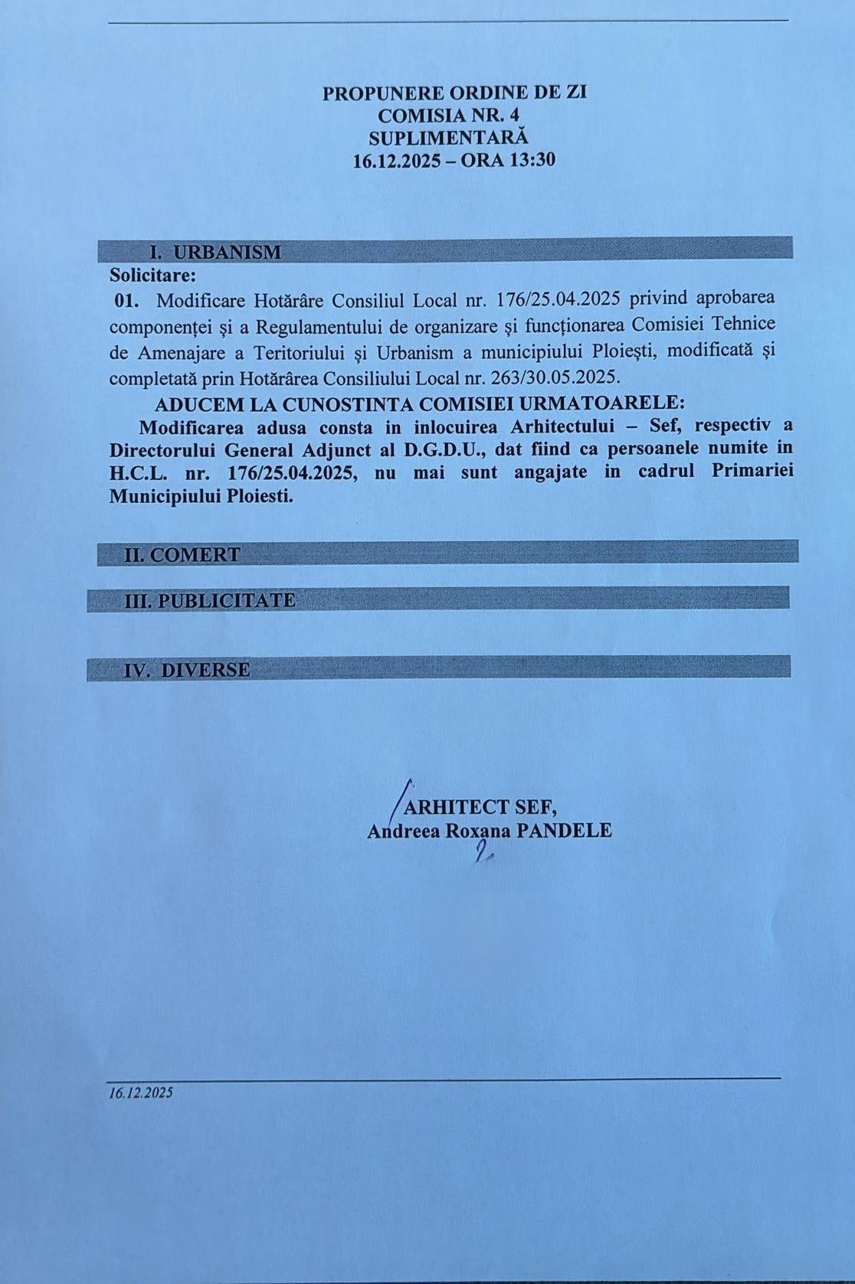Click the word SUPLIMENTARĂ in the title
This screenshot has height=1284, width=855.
click(448, 138)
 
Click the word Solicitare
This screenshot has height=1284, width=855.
click(152, 273)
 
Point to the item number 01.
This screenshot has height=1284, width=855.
click(126, 299)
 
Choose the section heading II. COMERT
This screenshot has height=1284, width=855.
click(182, 554)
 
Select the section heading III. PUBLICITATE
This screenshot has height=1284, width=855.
click(210, 600)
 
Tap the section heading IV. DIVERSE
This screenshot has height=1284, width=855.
click(187, 670)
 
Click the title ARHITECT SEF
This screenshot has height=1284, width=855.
click(480, 807)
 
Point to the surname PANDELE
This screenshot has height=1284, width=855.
click(564, 830)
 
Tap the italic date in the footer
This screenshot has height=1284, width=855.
click(141, 1093)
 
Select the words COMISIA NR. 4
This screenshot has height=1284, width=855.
click(448, 116)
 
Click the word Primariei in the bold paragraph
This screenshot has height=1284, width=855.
click(752, 472)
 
